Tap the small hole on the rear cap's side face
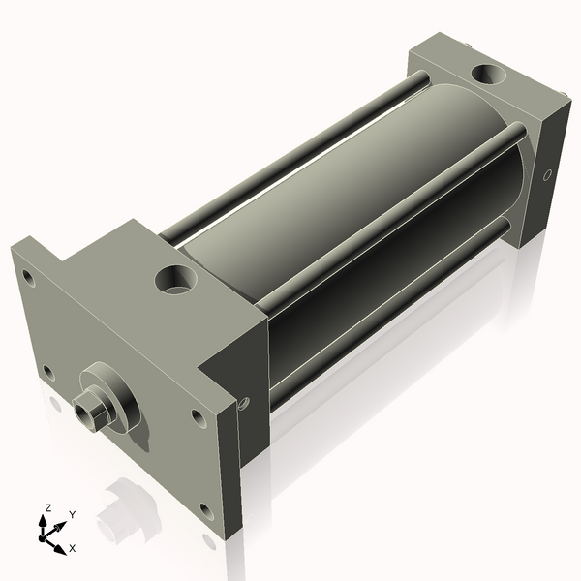point(548,175)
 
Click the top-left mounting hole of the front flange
point(29,278)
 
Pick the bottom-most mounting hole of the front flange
point(207,509)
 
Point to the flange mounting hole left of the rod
point(48,369)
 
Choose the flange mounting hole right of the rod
point(199,418)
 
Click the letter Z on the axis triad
point(48,506)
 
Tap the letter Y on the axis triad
point(72,515)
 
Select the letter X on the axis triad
point(73,548)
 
